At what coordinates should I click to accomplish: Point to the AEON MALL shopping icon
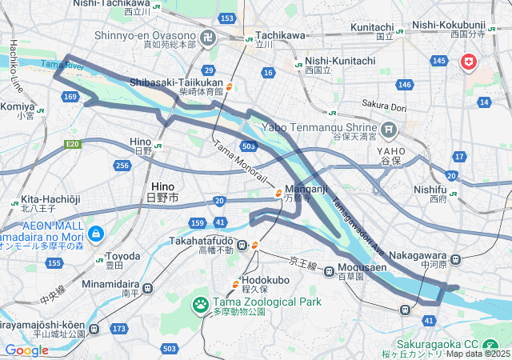pyautogui.click(x=96, y=234)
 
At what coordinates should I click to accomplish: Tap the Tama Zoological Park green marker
pyautogui.click(x=198, y=303)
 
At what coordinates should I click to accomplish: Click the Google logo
pyautogui.click(x=26, y=350)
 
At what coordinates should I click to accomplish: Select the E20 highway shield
pyautogui.click(x=74, y=144)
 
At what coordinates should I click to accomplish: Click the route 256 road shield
pyautogui.click(x=122, y=165)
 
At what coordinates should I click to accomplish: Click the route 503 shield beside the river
pyautogui.click(x=248, y=146)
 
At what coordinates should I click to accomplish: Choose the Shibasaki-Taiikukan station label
pyautogui.click(x=176, y=82)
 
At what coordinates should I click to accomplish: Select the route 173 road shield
pyautogui.click(x=119, y=329)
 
